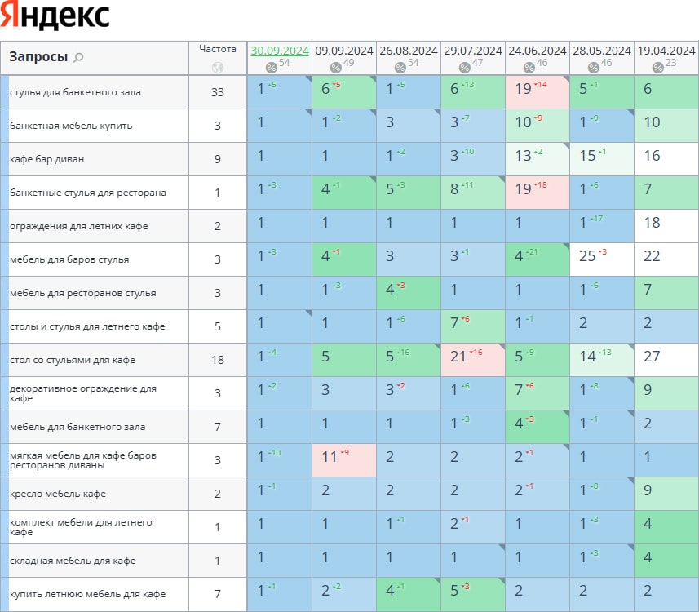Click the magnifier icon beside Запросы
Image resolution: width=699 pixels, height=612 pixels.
click(x=78, y=57)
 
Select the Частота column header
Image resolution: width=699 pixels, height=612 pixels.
click(x=218, y=49)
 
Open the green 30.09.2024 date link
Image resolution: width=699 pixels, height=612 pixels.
click(x=280, y=51)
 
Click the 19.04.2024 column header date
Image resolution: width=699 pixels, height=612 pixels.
click(x=666, y=51)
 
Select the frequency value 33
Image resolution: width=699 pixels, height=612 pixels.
click(x=218, y=92)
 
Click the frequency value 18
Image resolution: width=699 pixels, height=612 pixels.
click(x=218, y=360)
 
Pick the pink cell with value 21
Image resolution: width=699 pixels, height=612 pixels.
click(x=473, y=360)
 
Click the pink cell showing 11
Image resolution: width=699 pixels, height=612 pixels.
click(x=344, y=460)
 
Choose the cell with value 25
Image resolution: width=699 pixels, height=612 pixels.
click(x=602, y=259)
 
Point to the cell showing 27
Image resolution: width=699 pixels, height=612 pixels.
click(x=666, y=360)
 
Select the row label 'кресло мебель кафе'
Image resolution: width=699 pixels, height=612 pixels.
click(x=58, y=494)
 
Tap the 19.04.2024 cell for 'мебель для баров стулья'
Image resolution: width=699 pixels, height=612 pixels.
click(x=666, y=259)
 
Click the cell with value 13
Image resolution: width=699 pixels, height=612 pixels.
click(x=538, y=159)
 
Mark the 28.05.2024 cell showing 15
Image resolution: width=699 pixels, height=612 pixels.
click(x=602, y=159)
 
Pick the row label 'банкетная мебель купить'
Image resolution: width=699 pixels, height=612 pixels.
click(x=71, y=126)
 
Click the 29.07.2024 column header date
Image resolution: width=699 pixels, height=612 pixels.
click(x=473, y=51)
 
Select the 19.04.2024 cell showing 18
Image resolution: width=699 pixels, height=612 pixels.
click(x=666, y=226)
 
